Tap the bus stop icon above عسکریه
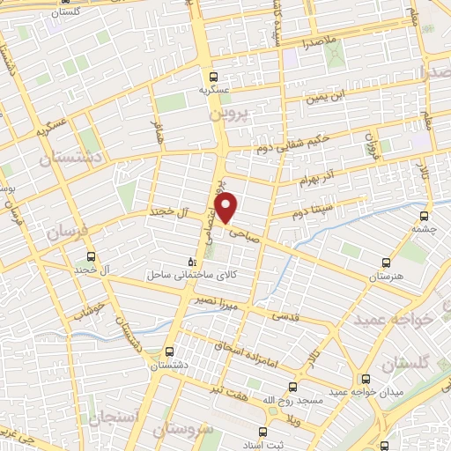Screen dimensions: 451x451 pos(212,77)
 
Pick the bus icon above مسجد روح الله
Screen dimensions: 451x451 pos(293,386)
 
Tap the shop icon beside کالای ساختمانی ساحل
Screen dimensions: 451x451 pos(193,262)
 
